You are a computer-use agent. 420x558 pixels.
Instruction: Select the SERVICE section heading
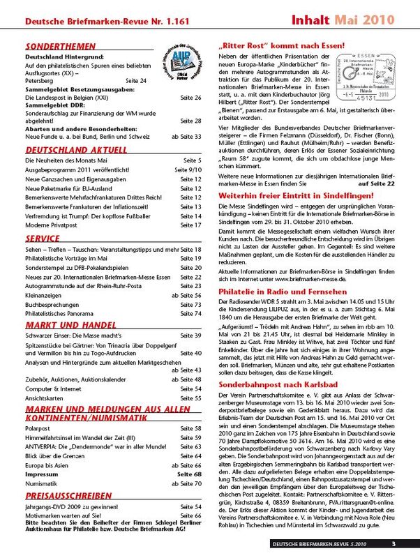click(x=41, y=239)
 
